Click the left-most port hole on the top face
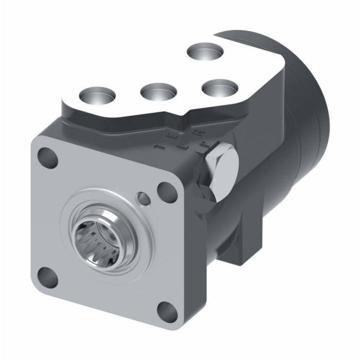tap(98, 95)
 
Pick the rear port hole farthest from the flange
tap(205, 51)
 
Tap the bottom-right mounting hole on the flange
tap(166, 309)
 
